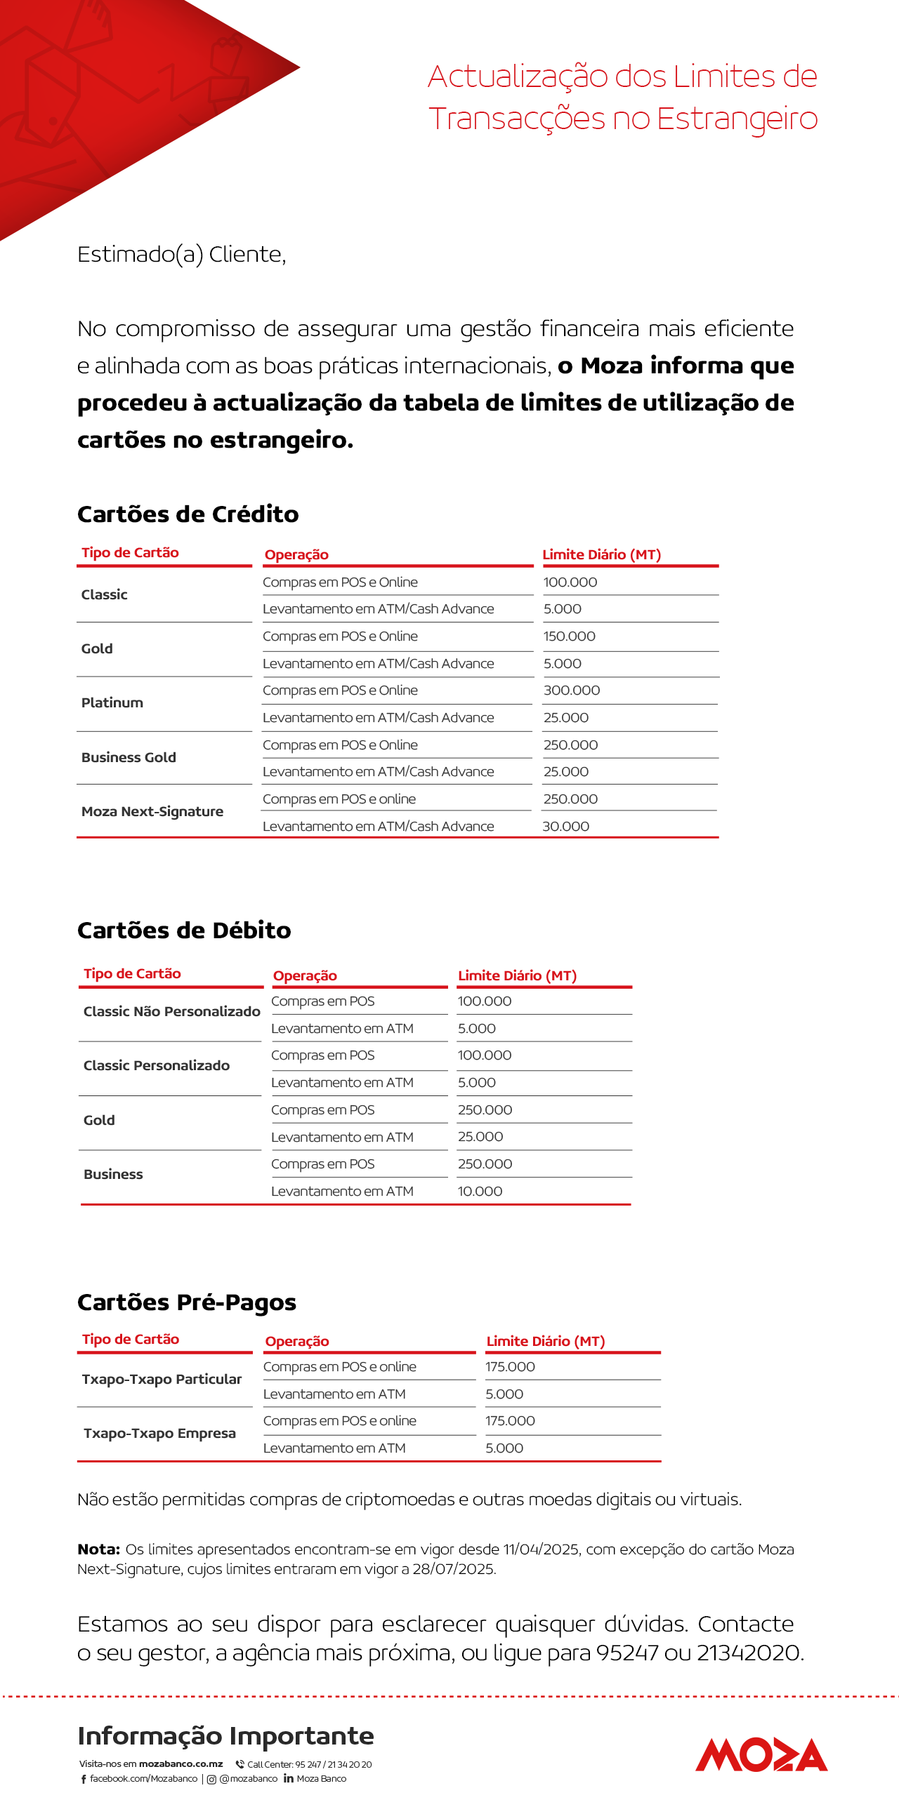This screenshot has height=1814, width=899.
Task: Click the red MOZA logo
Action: pyautogui.click(x=761, y=1754)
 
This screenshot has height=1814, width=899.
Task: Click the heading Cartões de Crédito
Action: pyautogui.click(x=188, y=514)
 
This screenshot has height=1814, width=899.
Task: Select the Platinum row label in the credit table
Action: pyautogui.click(x=112, y=702)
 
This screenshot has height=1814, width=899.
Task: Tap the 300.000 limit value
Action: pyautogui.click(x=572, y=690)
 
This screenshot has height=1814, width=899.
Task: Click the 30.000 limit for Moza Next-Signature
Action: pyautogui.click(x=566, y=826)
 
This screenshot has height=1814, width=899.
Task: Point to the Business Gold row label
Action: pyautogui.click(x=129, y=757)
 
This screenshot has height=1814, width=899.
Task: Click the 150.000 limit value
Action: pyautogui.click(x=570, y=636)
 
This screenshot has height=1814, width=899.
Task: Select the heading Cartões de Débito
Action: pyautogui.click(x=184, y=931)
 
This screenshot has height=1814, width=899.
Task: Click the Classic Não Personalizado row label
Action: pyautogui.click(x=172, y=1011)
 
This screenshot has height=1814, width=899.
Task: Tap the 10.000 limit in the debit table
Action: pyautogui.click(x=480, y=1191)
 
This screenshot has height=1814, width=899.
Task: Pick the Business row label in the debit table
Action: pyautogui.click(x=113, y=1174)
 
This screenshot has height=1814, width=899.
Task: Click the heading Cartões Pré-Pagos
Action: pyautogui.click(x=187, y=1302)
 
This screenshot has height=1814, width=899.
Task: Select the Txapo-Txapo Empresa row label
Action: pyautogui.click(x=159, y=1433)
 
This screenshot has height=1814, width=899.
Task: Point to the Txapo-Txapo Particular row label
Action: pyautogui.click(x=162, y=1379)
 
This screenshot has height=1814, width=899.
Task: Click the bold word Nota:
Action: pyautogui.click(x=98, y=1549)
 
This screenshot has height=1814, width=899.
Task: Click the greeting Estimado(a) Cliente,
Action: pyautogui.click(x=182, y=254)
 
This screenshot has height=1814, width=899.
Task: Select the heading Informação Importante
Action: pyautogui.click(x=225, y=1736)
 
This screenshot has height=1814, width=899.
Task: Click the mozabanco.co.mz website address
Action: pyautogui.click(x=181, y=1764)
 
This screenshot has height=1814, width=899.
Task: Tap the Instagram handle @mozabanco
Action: pyautogui.click(x=249, y=1779)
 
